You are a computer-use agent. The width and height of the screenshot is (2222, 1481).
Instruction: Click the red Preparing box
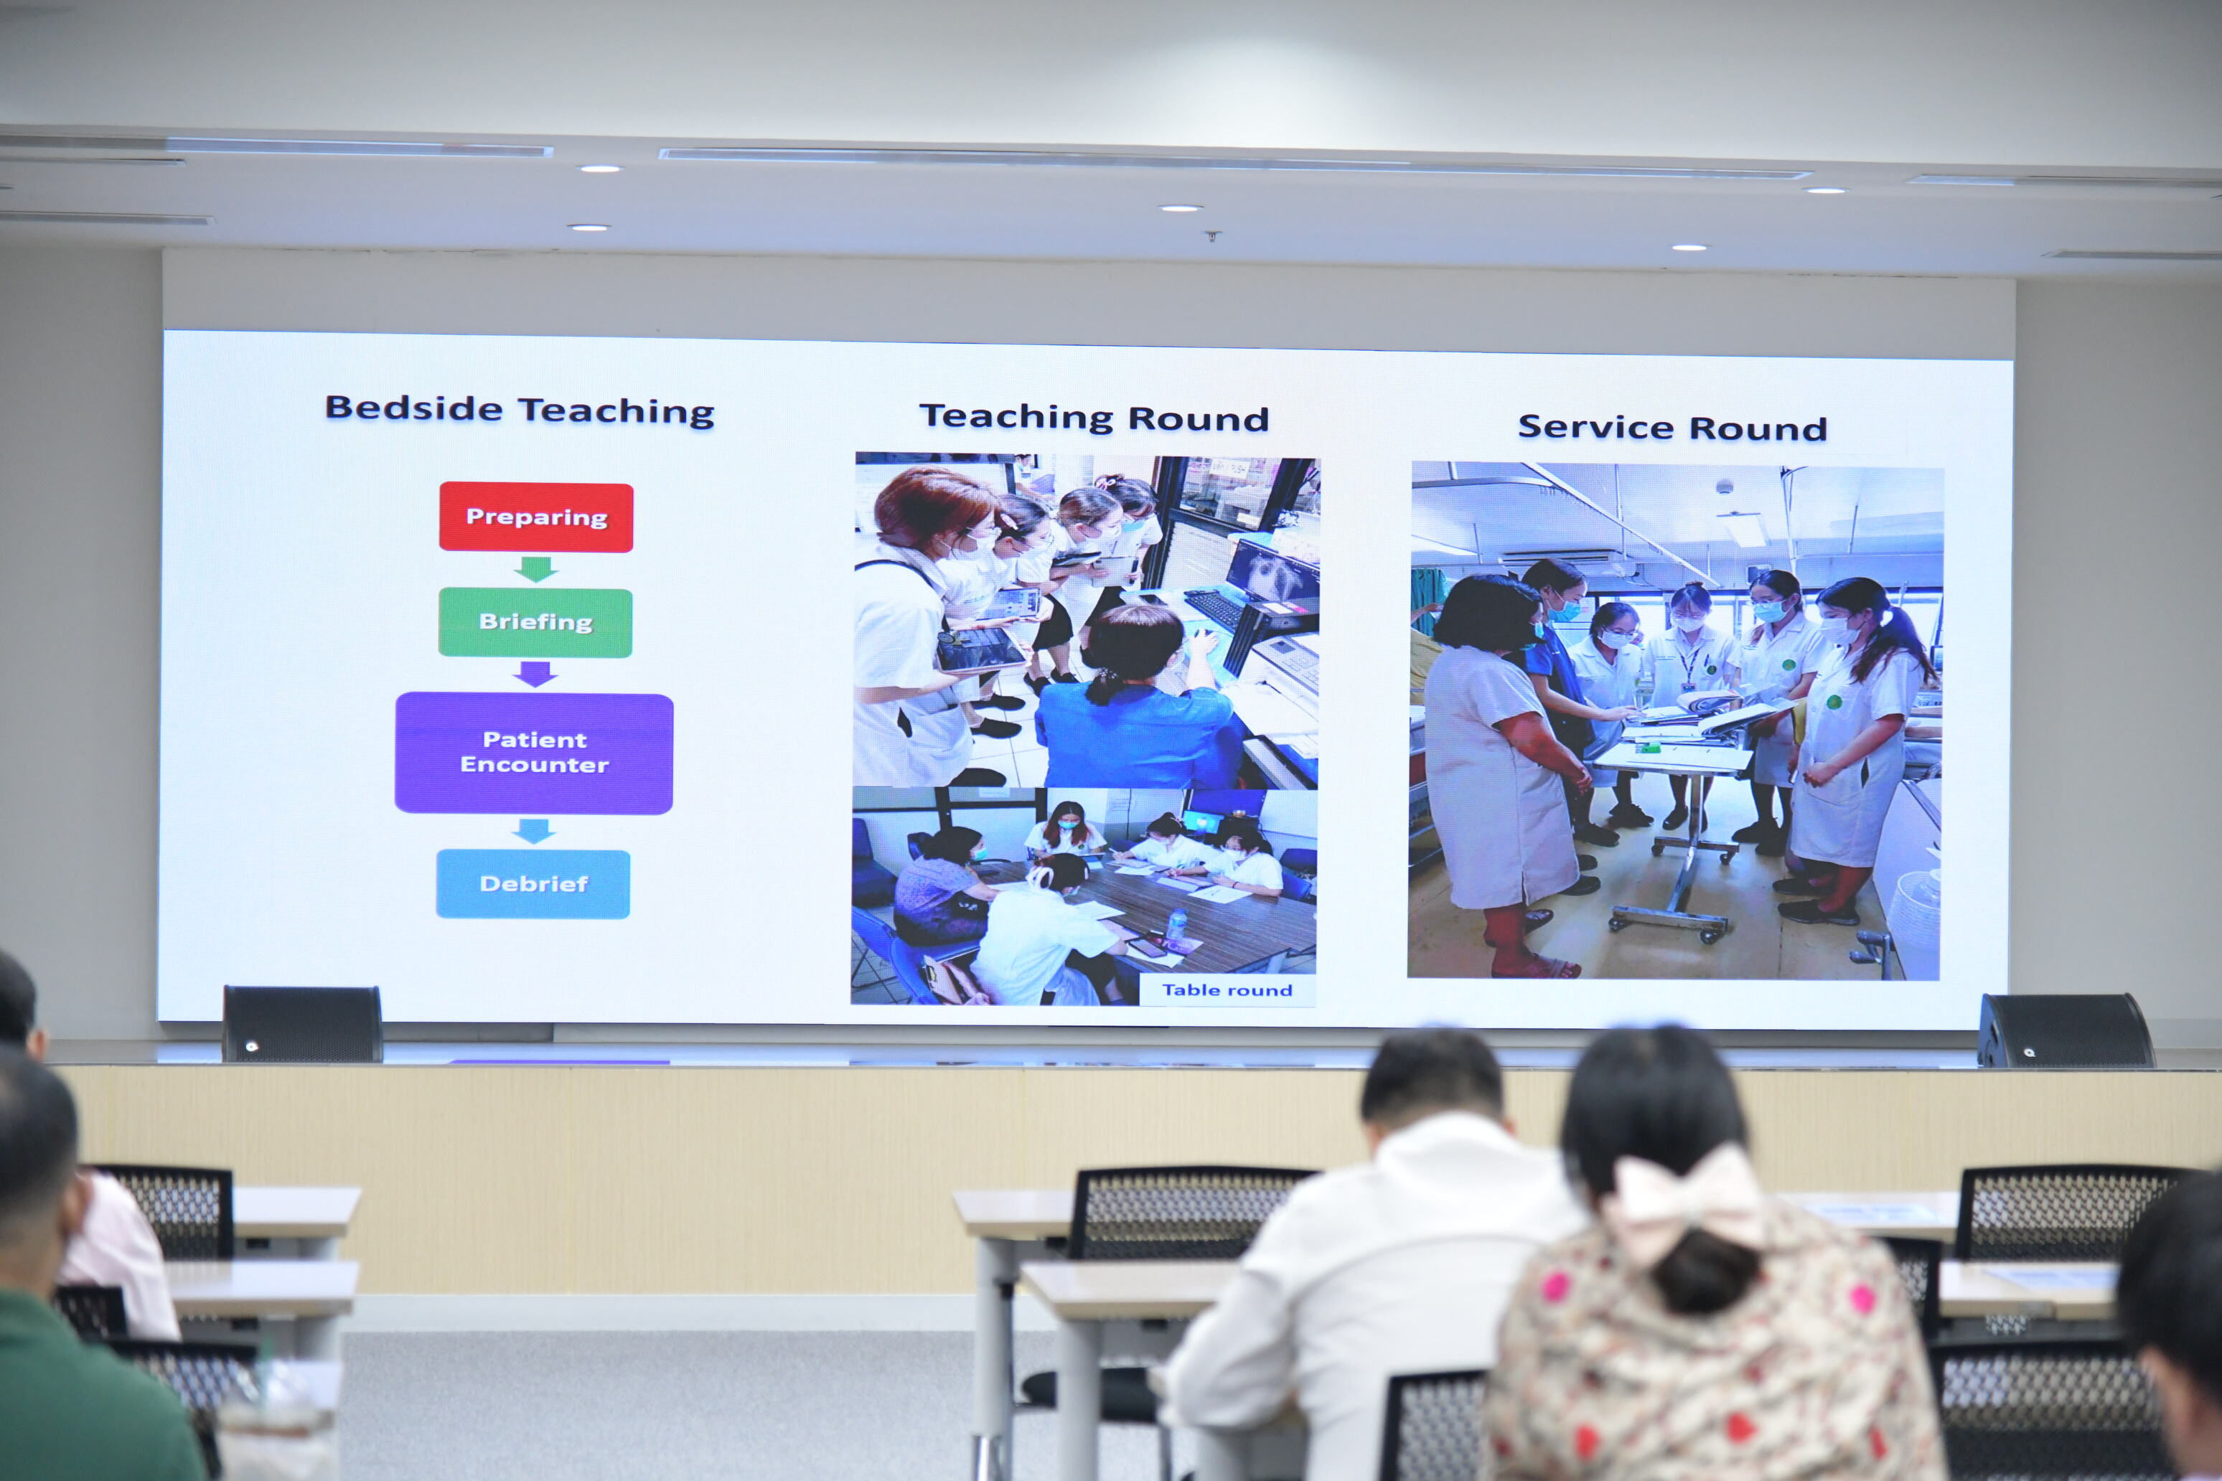tap(535, 517)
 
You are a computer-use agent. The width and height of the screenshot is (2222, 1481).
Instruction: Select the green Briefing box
tap(535, 622)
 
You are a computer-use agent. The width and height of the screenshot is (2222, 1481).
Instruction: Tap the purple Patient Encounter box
tap(534, 753)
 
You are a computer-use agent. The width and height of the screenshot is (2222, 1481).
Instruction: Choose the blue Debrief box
tap(533, 884)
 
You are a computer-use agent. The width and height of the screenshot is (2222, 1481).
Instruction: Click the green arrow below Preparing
tap(535, 568)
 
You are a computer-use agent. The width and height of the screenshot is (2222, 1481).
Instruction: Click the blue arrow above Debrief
tap(534, 831)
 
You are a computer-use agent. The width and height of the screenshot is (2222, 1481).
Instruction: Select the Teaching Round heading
tap(1094, 418)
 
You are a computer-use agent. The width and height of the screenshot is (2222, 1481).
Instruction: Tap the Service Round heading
tap(1672, 428)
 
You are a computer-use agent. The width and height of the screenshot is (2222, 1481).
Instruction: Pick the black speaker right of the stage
tap(2064, 1030)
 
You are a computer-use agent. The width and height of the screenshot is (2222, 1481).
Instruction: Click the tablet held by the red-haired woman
tap(980, 650)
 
